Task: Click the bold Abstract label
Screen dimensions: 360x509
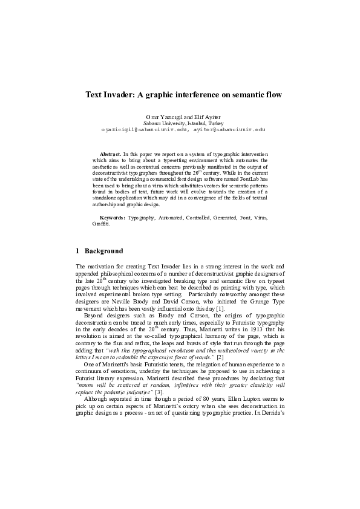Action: tap(110, 155)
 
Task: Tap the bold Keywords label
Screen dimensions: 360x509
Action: tap(113, 217)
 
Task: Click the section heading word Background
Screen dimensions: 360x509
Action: tap(103, 251)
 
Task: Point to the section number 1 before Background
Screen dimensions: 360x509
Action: tap(77, 251)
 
